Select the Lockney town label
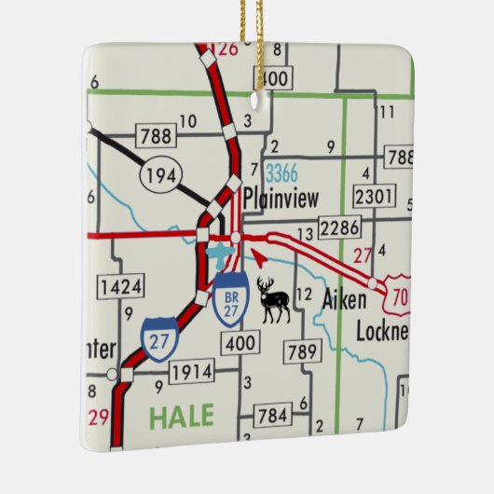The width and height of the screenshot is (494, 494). [x=382, y=331]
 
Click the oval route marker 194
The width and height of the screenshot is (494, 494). [x=156, y=172]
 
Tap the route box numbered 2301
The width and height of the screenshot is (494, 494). [x=376, y=197]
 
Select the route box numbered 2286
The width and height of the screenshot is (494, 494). [x=338, y=226]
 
